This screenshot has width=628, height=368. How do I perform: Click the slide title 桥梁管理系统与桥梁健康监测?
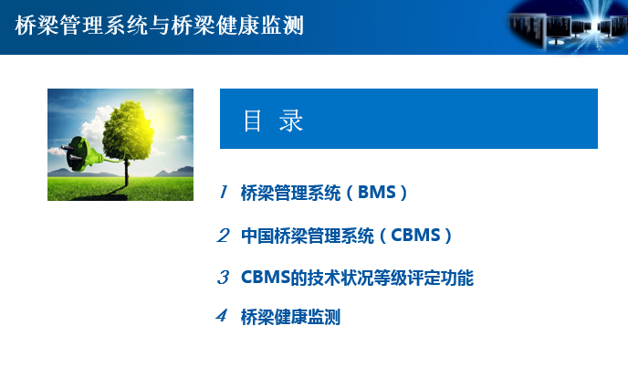[x=160, y=26]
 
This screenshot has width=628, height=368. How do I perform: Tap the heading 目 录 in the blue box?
[x=274, y=121]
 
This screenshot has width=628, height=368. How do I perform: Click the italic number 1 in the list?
[x=224, y=192]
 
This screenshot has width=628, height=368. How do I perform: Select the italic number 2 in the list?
[x=223, y=236]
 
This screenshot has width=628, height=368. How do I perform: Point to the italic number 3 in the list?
[x=223, y=278]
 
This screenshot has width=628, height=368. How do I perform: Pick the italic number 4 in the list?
[x=222, y=315]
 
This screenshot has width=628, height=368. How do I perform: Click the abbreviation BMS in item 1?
[x=376, y=193]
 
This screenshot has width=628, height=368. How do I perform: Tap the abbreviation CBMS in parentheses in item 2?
[x=415, y=236]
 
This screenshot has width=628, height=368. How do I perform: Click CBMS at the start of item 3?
[x=265, y=278]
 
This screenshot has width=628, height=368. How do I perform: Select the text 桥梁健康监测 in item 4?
[x=290, y=317]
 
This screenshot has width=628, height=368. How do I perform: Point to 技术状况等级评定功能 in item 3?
[x=390, y=278]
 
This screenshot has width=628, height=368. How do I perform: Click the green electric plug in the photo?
[x=82, y=154]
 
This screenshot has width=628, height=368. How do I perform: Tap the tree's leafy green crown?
[x=128, y=130]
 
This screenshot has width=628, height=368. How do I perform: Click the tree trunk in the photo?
[x=127, y=173]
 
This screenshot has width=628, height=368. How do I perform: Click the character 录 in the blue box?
[x=291, y=121]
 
